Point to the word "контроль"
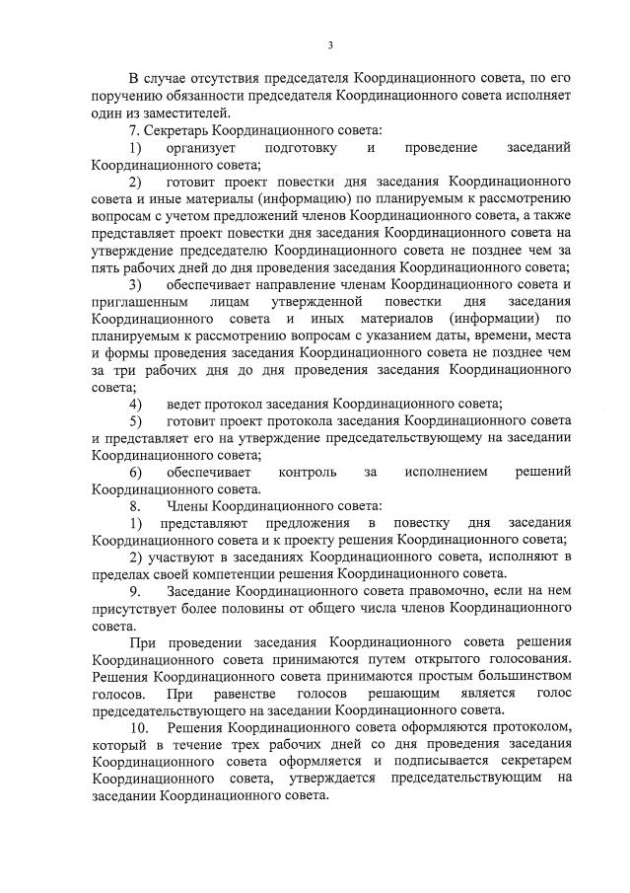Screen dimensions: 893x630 point(308,473)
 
